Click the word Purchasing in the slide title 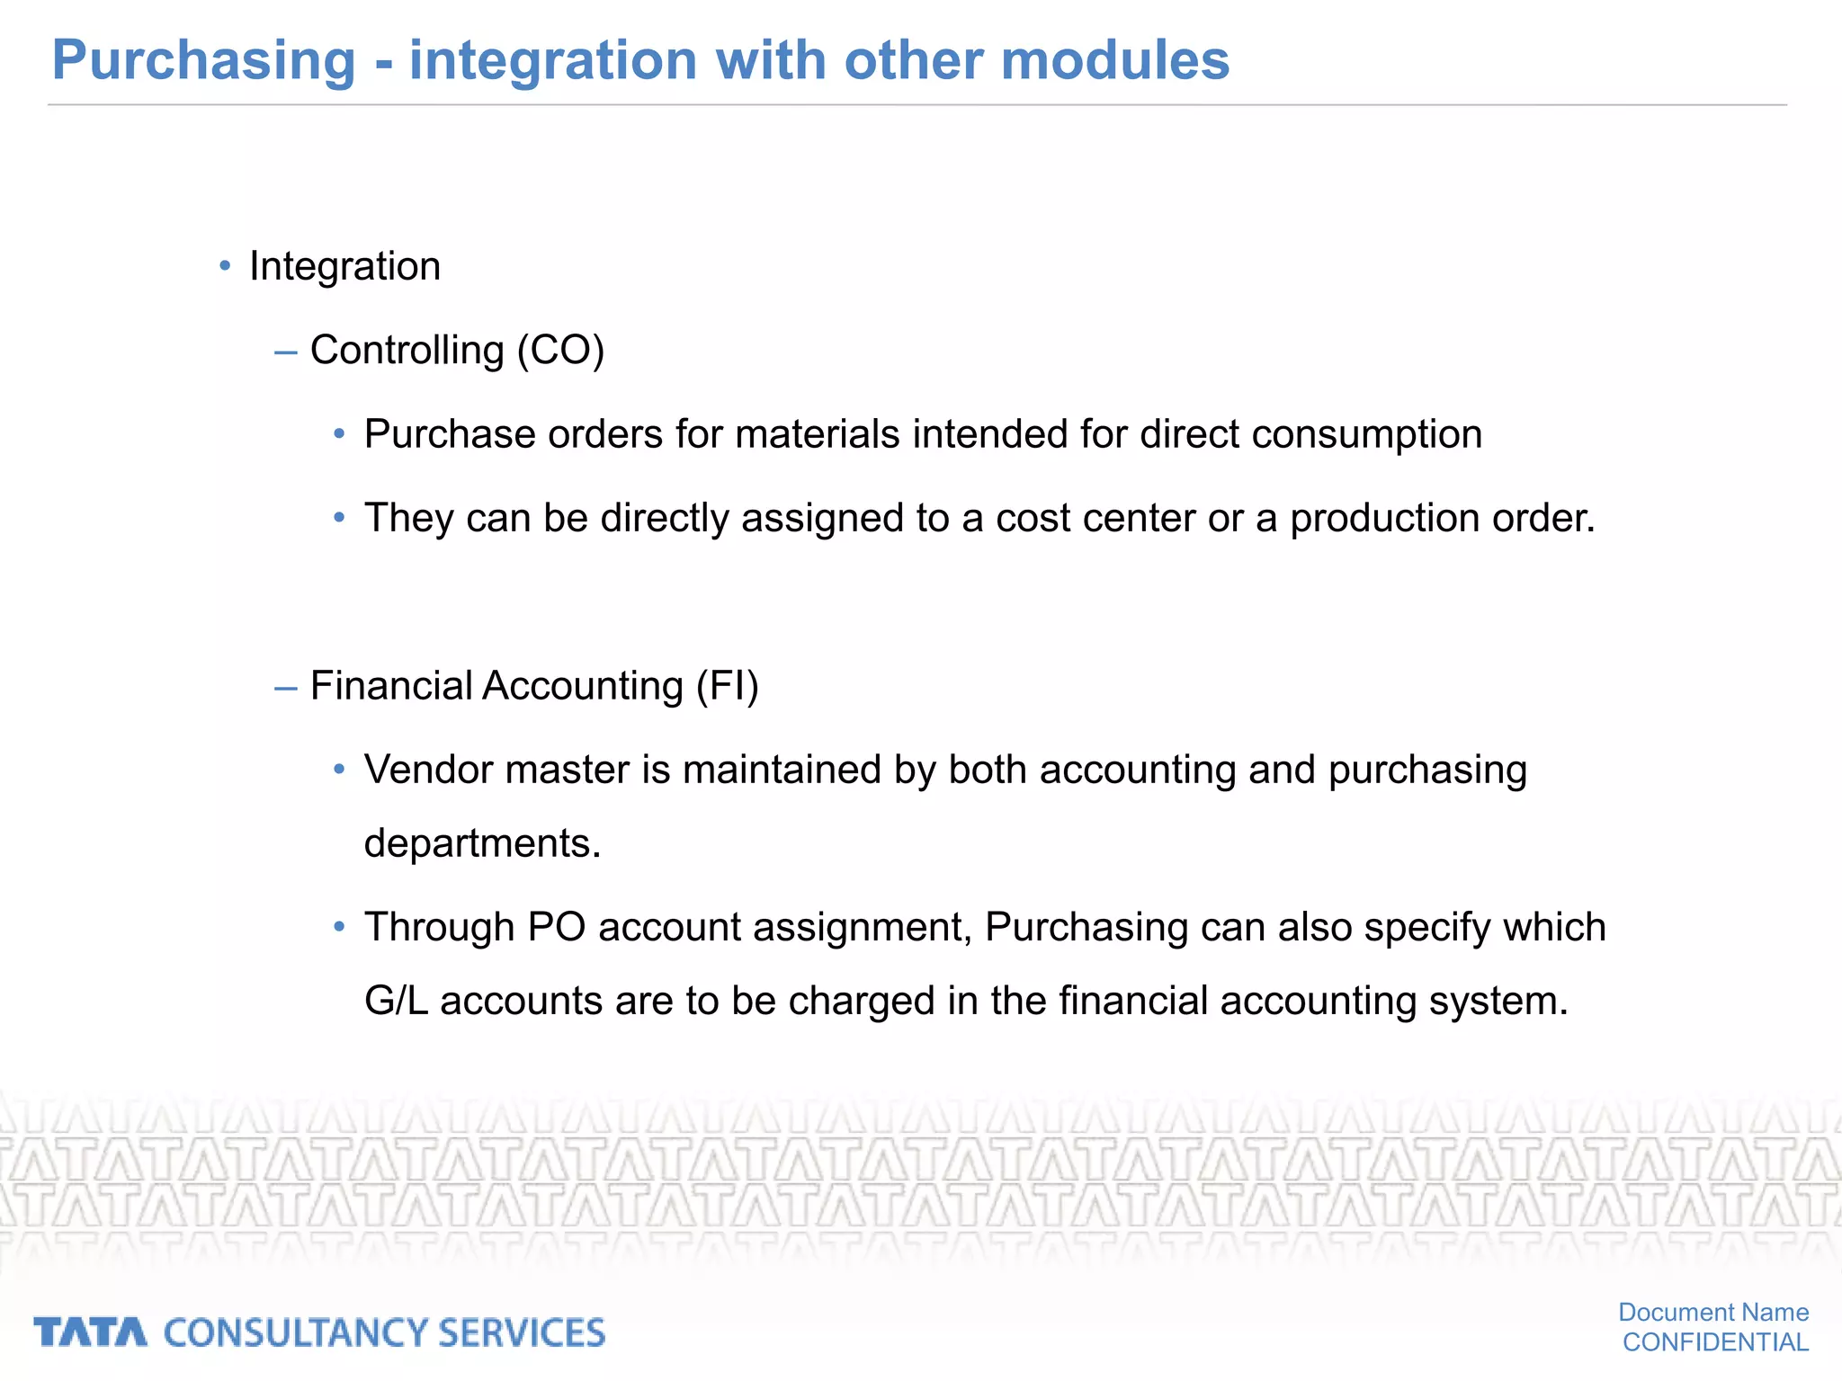(204, 61)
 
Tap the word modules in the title (1114, 61)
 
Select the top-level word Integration (344, 267)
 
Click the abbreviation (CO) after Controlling (560, 351)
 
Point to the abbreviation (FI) (728, 687)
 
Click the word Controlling (407, 351)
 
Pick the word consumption (1366, 435)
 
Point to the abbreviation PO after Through (557, 928)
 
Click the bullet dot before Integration (225, 266)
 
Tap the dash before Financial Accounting (285, 689)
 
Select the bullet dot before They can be (339, 518)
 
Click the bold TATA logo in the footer (90, 1332)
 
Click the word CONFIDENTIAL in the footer (1715, 1342)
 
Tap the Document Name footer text (1713, 1313)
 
